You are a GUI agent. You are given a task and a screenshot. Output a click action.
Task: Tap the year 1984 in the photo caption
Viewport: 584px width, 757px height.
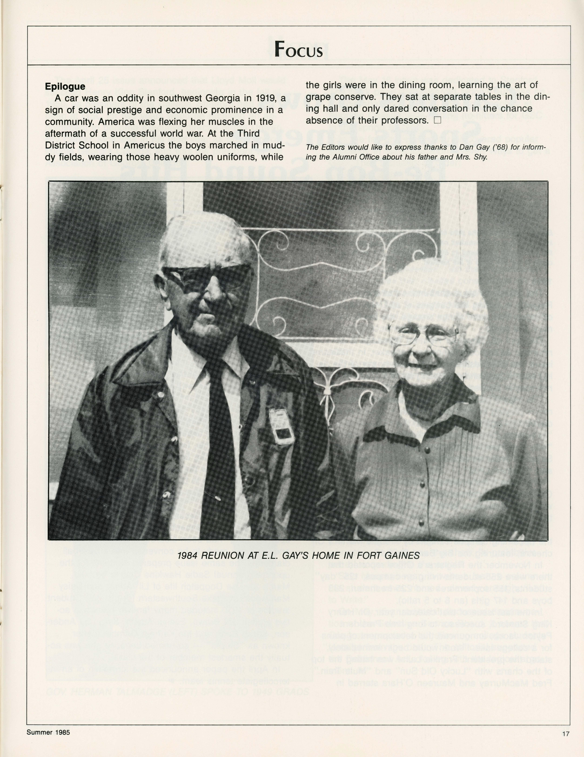click(187, 556)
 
